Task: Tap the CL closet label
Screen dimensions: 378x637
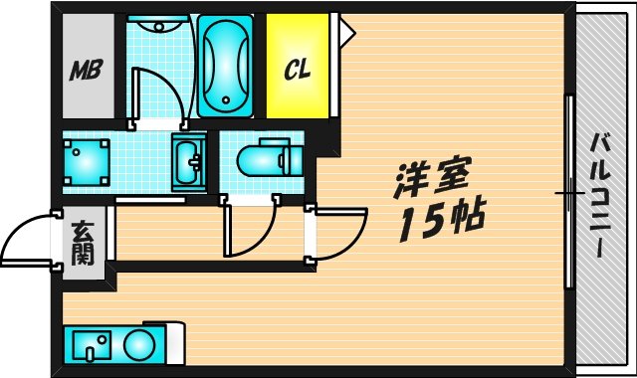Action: [x=296, y=70]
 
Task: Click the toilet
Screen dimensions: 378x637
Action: [x=265, y=159]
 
